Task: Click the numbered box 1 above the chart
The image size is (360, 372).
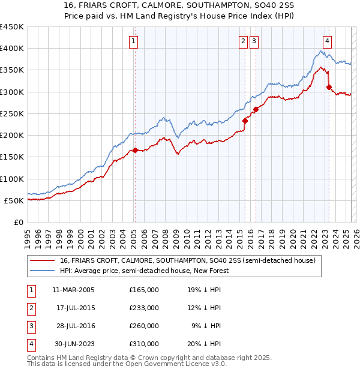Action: (133, 41)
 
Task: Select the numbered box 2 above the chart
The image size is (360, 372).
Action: (243, 41)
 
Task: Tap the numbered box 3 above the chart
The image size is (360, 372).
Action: (254, 41)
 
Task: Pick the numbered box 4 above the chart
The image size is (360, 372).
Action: (327, 41)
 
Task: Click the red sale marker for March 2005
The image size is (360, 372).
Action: (135, 151)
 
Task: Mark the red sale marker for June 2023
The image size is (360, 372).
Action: (329, 88)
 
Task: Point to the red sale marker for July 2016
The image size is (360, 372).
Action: (256, 109)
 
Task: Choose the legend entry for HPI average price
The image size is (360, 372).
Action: (143, 271)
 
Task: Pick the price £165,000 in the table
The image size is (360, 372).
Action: (144, 290)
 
